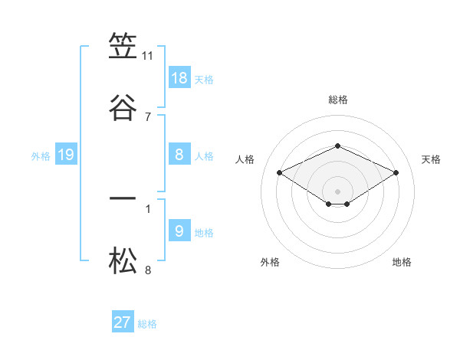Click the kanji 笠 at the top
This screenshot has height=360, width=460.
pyautogui.click(x=123, y=47)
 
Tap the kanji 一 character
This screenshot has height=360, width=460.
pyautogui.click(x=123, y=199)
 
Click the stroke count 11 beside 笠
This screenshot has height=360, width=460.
pyautogui.click(x=148, y=56)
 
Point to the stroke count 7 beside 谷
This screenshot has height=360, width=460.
pyautogui.click(x=148, y=116)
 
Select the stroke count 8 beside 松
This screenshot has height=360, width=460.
pyautogui.click(x=148, y=270)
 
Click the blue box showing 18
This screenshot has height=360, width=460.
pyautogui.click(x=179, y=78)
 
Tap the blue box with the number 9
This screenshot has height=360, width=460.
pyautogui.click(x=179, y=231)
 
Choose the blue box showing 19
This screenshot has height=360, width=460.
pyautogui.click(x=66, y=155)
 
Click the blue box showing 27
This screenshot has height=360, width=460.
pyautogui.click(x=123, y=322)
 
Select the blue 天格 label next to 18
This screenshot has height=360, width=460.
pyautogui.click(x=204, y=80)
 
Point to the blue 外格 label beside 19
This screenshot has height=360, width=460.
pyautogui.click(x=41, y=156)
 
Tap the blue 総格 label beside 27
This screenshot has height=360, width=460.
pyautogui.click(x=147, y=324)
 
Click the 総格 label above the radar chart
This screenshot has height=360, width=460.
pyautogui.click(x=337, y=100)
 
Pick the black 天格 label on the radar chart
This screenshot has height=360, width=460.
pyautogui.click(x=432, y=159)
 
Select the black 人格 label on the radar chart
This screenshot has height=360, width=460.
pyautogui.click(x=245, y=159)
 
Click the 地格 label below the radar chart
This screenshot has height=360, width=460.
pyautogui.click(x=402, y=262)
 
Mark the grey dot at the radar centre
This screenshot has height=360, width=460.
pyautogui.click(x=337, y=191)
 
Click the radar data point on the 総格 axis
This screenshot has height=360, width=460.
pyautogui.click(x=337, y=146)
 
